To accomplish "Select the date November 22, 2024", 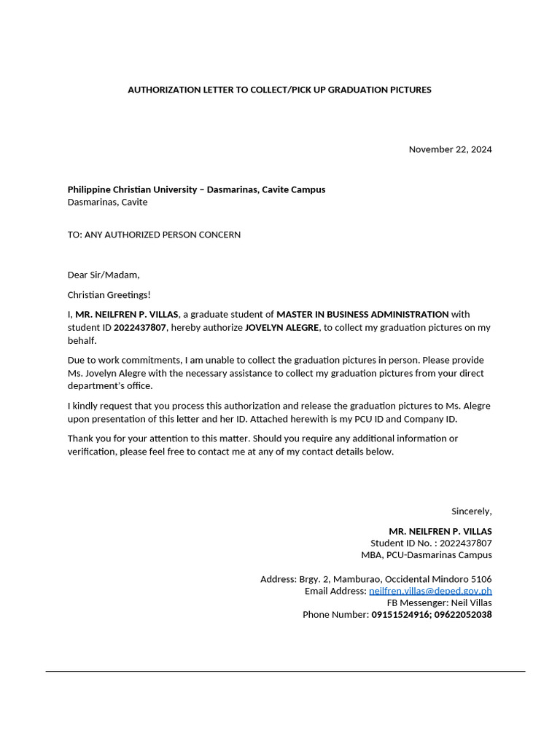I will [x=450, y=149].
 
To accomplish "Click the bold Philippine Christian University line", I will [x=196, y=189].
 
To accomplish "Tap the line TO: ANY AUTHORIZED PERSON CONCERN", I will [x=154, y=235].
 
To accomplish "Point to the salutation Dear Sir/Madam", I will [x=103, y=275].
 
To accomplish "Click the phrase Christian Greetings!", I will [x=109, y=294].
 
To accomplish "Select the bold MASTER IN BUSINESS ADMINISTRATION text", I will [x=362, y=315].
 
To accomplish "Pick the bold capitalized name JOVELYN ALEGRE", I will [x=281, y=328].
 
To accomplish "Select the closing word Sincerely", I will [x=471, y=511].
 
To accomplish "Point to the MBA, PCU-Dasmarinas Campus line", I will [x=431, y=555].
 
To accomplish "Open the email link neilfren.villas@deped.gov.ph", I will [x=430, y=591].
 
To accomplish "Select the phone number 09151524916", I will [x=400, y=615].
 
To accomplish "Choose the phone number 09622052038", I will [x=464, y=615].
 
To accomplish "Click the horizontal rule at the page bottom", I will [x=285, y=671].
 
